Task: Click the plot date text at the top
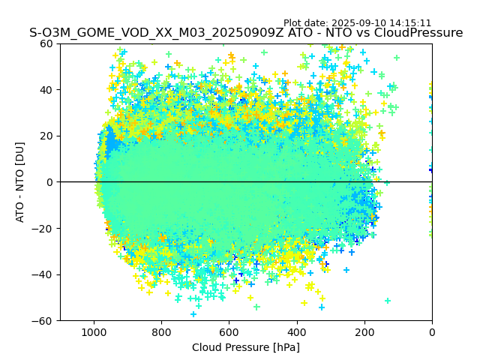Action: click(357, 23)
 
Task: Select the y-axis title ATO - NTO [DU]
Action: click(20, 182)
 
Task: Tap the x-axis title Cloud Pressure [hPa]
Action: click(246, 347)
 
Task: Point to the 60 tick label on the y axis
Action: click(46, 43)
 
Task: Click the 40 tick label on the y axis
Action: click(46, 90)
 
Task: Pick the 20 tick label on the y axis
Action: click(46, 136)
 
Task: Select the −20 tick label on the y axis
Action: click(43, 228)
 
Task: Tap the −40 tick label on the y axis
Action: click(43, 274)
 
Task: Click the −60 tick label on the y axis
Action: click(43, 320)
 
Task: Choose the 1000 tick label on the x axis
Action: click(94, 331)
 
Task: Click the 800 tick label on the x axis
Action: click(161, 331)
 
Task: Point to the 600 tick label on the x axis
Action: click(229, 331)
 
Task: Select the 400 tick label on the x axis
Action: click(296, 331)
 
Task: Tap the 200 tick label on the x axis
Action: click(364, 331)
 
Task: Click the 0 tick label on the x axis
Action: click(432, 331)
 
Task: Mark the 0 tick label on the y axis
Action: click(49, 182)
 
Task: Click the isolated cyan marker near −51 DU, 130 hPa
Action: click(388, 301)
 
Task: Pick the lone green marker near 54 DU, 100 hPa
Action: click(397, 58)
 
